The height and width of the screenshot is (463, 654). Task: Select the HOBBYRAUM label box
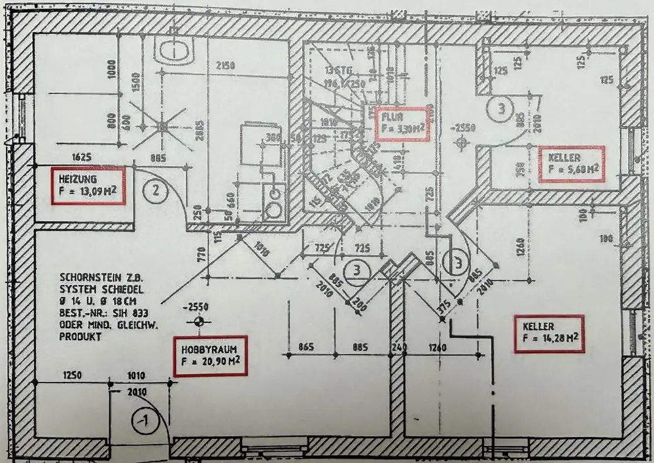pyautogui.click(x=211, y=356)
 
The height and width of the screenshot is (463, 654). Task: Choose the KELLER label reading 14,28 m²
pyautogui.click(x=549, y=333)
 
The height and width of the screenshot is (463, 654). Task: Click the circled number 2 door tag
pyautogui.click(x=156, y=192)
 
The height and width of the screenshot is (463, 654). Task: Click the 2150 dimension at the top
pyautogui.click(x=226, y=65)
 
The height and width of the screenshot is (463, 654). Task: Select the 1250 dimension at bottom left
pyautogui.click(x=72, y=375)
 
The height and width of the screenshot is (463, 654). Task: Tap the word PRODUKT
pyautogui.click(x=80, y=337)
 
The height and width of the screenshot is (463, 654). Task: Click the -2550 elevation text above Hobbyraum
pyautogui.click(x=198, y=307)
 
